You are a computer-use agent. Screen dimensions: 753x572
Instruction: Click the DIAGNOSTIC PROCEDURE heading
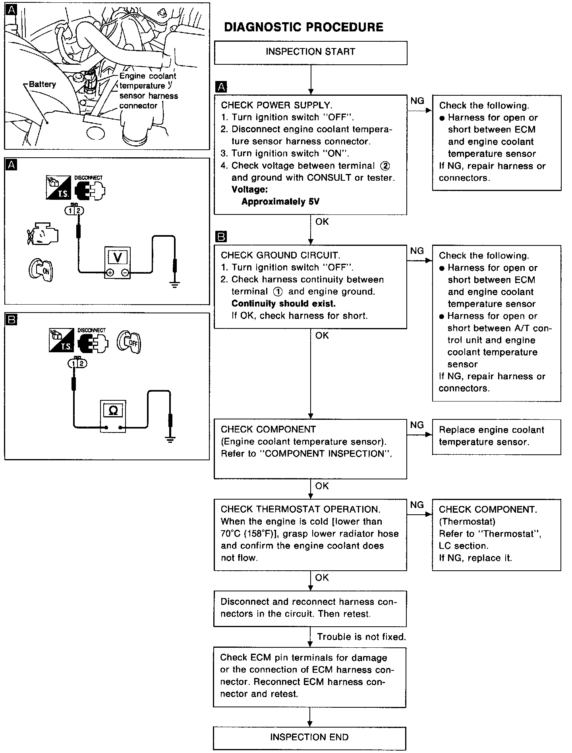pos(303,27)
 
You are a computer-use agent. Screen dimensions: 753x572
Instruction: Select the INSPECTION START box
pos(311,52)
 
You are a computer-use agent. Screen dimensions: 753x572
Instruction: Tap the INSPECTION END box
pos(309,737)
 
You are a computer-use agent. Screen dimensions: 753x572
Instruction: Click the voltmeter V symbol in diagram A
pos(118,257)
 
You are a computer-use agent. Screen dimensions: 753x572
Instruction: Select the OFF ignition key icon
pos(129,342)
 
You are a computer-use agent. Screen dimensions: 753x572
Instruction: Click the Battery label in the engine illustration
pos(43,84)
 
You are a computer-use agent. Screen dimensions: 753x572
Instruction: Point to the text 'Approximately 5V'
pos(280,202)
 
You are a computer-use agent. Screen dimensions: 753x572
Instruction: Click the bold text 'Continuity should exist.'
pos(283,304)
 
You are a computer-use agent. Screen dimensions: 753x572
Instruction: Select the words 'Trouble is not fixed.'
pos(361,637)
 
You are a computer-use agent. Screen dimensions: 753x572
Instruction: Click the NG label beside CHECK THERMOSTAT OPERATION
pos(417,505)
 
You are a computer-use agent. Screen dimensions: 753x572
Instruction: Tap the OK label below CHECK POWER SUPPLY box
pos(322,222)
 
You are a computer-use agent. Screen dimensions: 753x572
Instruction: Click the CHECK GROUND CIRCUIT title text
pos(280,255)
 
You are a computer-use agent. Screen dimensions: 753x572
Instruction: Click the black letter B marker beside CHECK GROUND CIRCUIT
pos(221,237)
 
